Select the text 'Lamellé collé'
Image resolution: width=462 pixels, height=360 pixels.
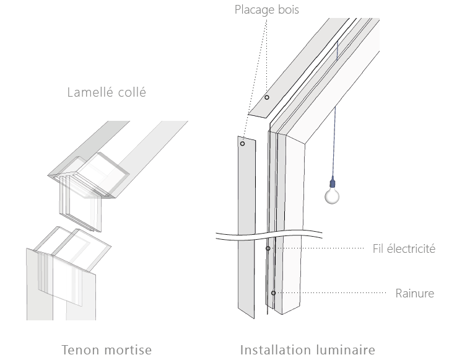106,93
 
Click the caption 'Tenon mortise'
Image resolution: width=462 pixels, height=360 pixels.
107,349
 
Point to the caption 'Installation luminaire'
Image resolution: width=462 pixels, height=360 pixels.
307,349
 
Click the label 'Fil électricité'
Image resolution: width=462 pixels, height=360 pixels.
405,248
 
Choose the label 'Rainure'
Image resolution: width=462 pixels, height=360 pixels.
414,292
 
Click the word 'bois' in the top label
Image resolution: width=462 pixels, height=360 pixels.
305,10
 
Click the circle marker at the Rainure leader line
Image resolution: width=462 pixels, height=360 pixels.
273,292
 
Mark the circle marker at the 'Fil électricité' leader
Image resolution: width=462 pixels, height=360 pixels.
268,248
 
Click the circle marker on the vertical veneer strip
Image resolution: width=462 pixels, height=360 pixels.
243,144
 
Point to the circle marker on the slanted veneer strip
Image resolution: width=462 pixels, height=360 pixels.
267,97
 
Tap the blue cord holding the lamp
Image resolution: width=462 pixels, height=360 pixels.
334,143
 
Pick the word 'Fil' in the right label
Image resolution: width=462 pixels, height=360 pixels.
379,248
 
